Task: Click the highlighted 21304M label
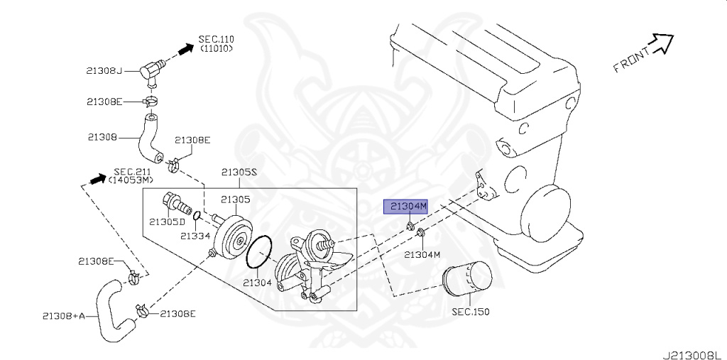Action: point(405,207)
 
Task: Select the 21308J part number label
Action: point(104,71)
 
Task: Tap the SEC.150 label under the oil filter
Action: point(471,312)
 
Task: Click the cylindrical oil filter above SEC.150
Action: point(467,278)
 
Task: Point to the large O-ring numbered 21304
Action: point(258,252)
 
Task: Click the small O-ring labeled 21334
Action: point(197,216)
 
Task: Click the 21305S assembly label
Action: point(239,172)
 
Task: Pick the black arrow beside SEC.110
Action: point(186,48)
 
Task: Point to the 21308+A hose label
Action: point(64,317)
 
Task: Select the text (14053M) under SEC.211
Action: point(131,179)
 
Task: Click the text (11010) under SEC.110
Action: point(217,48)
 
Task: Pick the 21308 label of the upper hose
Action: point(102,137)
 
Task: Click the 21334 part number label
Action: point(196,236)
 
